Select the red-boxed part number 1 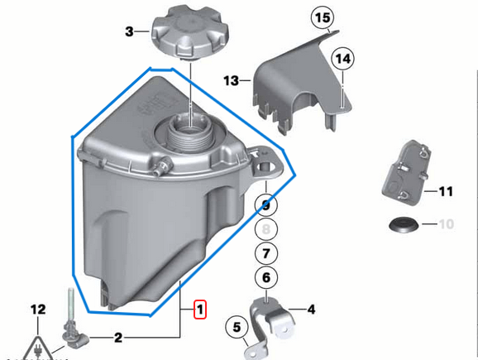[200, 310]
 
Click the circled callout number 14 [342, 58]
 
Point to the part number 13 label [231, 80]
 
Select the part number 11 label [446, 192]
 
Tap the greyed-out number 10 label [446, 224]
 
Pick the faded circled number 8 [265, 229]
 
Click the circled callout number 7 [265, 254]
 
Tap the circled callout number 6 [265, 280]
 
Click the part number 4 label [311, 310]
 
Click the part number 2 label [117, 337]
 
